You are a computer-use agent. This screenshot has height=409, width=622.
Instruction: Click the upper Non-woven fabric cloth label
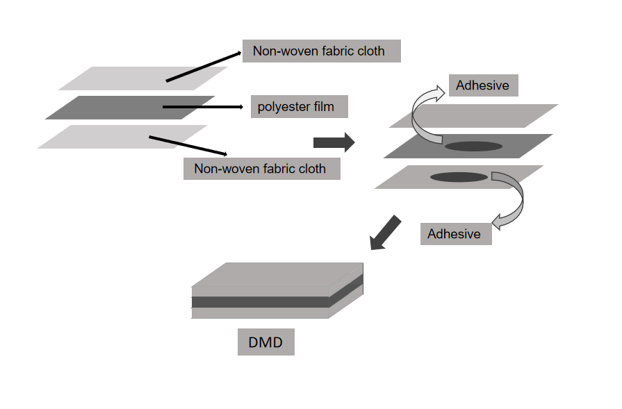click(321, 51)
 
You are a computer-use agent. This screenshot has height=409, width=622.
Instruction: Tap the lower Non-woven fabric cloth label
click(261, 168)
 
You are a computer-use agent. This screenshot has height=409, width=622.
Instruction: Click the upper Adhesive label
click(483, 86)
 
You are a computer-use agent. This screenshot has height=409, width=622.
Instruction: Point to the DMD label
click(265, 342)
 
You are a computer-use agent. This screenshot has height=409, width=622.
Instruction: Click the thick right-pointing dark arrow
click(334, 142)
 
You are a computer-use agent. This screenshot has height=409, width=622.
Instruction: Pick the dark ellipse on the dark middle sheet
click(473, 147)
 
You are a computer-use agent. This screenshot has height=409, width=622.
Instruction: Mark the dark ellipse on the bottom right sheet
click(459, 177)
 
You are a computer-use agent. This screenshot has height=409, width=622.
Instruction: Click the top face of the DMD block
click(278, 274)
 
